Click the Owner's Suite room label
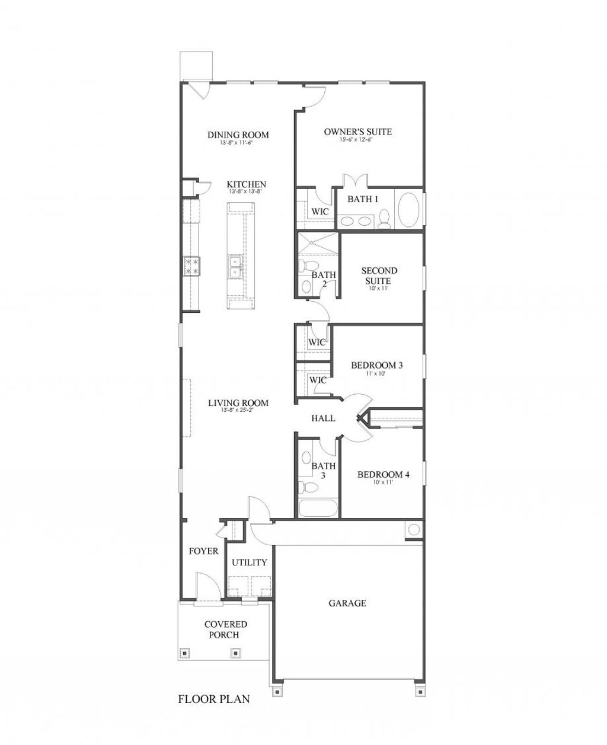tap(357, 132)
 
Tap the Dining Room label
tap(238, 135)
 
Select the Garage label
tap(347, 603)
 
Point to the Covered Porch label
tap(226, 629)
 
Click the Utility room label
tap(249, 562)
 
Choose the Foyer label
tap(203, 551)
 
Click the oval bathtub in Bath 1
tap(408, 210)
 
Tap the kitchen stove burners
tap(191, 265)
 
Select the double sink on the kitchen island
tap(235, 267)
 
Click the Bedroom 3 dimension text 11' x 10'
tap(377, 374)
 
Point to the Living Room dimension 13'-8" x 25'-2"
tap(238, 411)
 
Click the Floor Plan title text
tap(214, 699)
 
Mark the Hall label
tap(323, 418)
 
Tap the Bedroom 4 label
tap(383, 475)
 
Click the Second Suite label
tap(379, 276)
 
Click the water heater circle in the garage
tap(414, 529)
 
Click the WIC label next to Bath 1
tap(320, 212)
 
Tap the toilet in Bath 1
tap(384, 218)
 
